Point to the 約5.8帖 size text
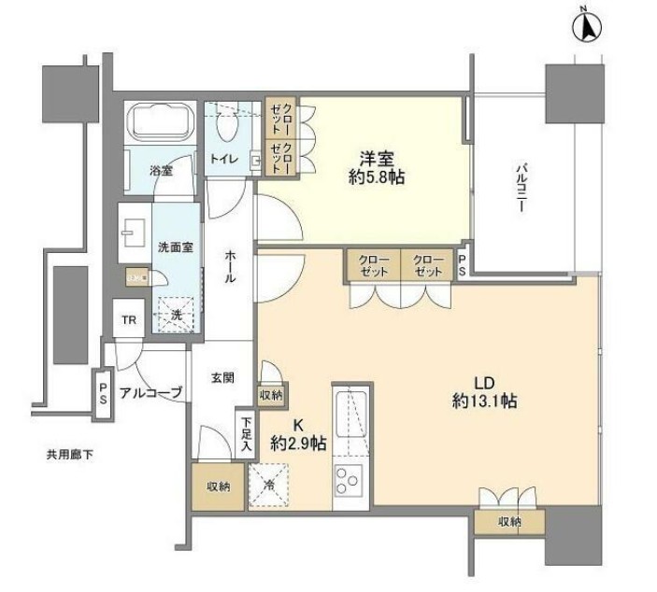point(377,177)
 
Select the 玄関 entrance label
point(221,377)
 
